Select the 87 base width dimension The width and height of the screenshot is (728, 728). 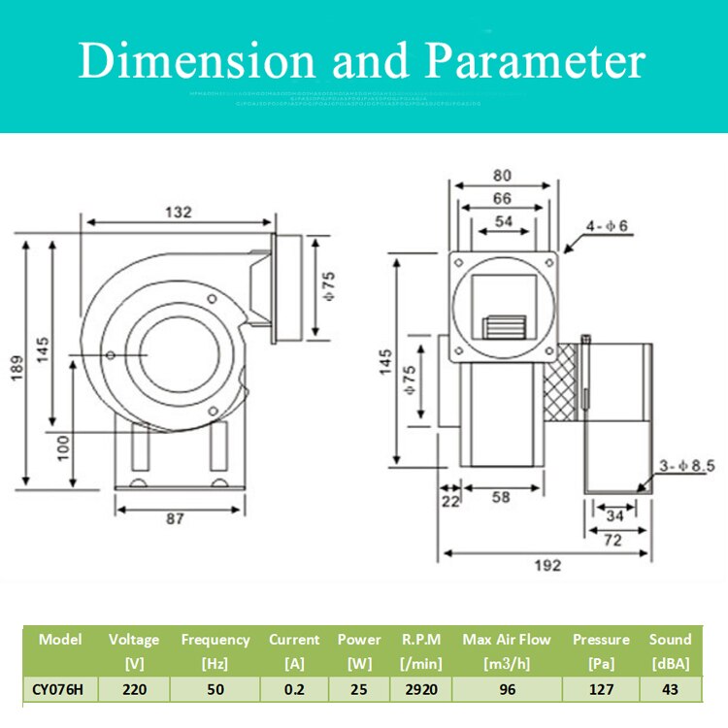click(175, 519)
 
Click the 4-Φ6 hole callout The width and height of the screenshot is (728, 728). click(607, 227)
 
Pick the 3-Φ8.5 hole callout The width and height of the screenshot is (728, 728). click(684, 466)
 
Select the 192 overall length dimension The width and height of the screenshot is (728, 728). click(547, 566)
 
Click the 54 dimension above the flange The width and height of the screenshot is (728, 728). click(504, 221)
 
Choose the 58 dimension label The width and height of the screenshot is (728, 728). click(501, 498)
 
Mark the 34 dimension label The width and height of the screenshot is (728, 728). click(613, 515)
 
